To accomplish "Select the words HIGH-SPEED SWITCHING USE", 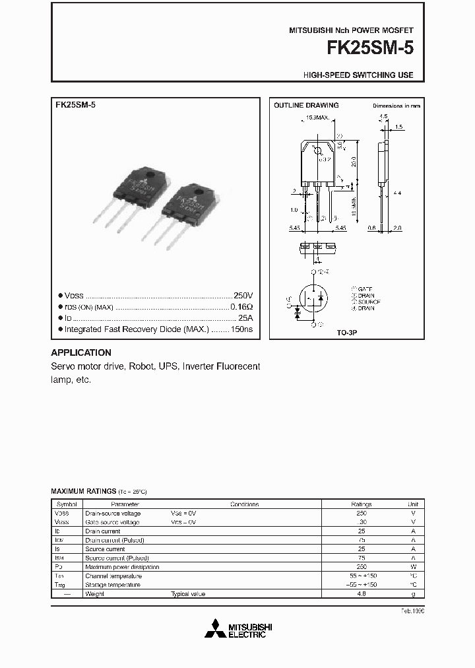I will click(358, 75).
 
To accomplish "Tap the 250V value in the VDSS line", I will click(243, 296).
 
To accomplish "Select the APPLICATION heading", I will click(81, 352).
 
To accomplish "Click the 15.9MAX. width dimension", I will click(317, 117).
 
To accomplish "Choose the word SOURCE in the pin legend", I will click(369, 302).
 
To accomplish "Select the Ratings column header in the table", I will click(362, 504).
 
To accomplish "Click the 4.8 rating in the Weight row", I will click(362, 594).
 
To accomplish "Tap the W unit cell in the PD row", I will click(413, 567).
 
